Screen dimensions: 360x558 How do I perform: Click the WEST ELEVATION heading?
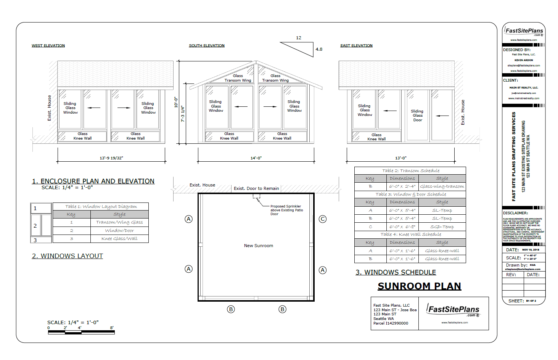(48, 46)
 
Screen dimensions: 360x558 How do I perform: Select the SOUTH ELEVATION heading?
(207, 46)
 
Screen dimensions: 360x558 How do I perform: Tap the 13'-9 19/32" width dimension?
(111, 158)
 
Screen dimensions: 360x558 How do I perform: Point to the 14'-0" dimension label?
(256, 158)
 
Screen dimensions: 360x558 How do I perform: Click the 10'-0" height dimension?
(176, 102)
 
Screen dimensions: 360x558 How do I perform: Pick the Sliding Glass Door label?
(417, 116)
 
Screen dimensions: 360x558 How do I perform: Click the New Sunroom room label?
(259, 246)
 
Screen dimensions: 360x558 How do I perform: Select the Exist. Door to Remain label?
(256, 188)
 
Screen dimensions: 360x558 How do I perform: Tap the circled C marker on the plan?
(323, 219)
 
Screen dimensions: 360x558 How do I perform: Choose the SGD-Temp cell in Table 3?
(442, 227)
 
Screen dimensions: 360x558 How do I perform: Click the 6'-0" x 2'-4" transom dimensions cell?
(402, 186)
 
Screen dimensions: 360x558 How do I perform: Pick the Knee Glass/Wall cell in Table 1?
(119, 239)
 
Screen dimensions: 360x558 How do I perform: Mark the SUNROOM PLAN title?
(419, 286)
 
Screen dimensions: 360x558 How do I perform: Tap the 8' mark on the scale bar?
(112, 328)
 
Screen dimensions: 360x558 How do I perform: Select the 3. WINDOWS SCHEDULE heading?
(396, 272)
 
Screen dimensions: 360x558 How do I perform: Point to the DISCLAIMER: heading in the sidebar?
(515, 213)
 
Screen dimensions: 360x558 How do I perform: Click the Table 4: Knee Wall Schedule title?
(410, 235)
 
